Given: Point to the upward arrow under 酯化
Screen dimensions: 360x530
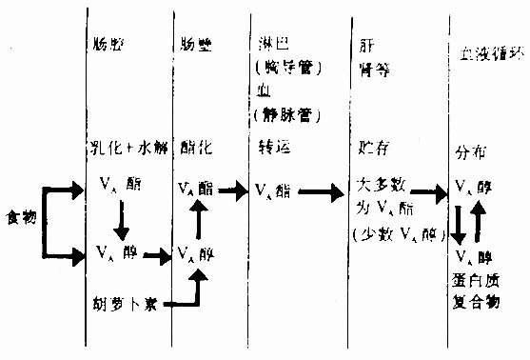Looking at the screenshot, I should tap(198, 221).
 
